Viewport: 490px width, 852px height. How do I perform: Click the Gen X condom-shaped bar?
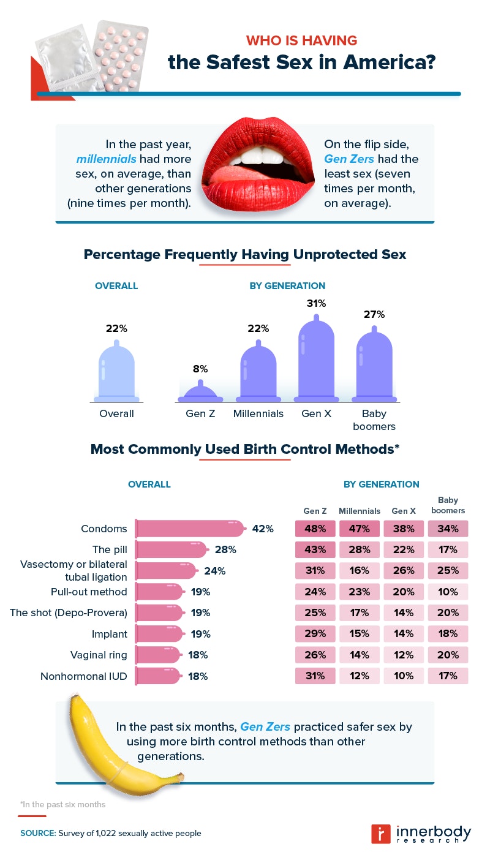pos(317,361)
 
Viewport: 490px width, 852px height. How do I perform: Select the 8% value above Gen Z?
pos(200,369)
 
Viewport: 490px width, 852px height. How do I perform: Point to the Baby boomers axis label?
pos(374,420)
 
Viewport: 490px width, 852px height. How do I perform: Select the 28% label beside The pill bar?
pos(225,549)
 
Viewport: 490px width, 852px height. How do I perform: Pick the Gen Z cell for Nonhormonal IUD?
pos(315,676)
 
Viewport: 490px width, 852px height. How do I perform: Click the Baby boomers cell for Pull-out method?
pos(448,592)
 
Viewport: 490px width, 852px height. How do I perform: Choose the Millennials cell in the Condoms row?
pos(360,529)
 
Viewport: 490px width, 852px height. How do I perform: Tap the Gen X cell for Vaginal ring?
pos(404,655)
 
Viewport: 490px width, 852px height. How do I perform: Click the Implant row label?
pos(111,634)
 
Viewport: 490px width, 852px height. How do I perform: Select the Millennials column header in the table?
pos(360,511)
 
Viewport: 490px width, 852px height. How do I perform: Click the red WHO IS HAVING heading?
pos(301,40)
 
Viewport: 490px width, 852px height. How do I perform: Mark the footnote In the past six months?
pos(62,804)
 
